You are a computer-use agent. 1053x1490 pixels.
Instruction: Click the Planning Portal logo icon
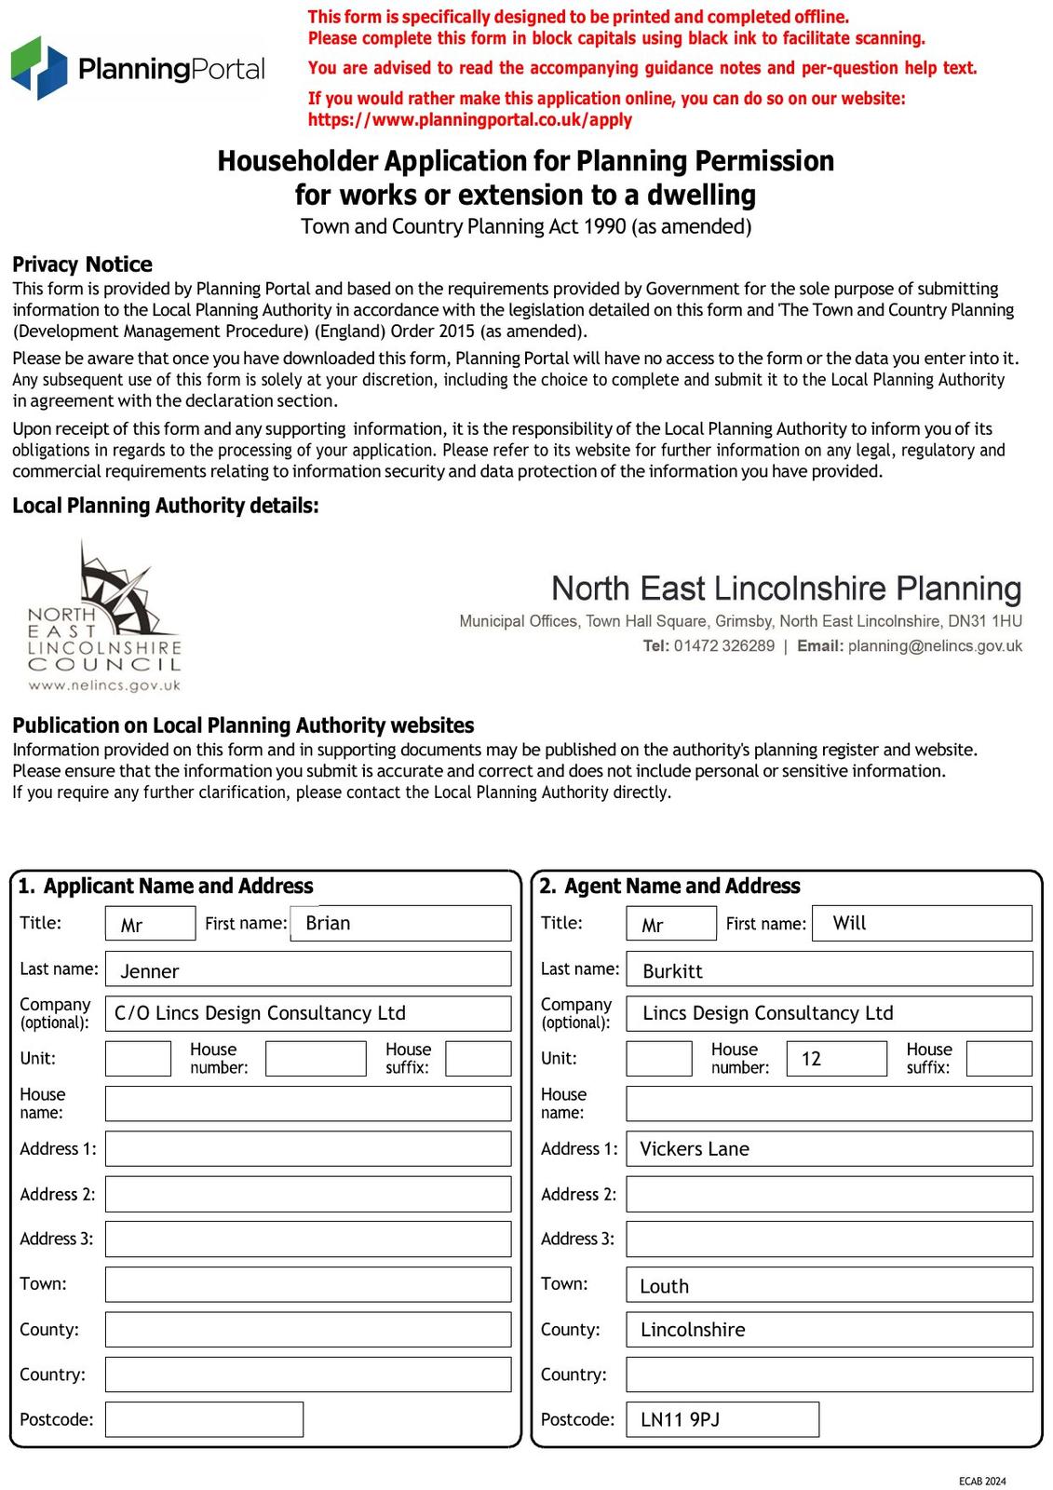tap(39, 68)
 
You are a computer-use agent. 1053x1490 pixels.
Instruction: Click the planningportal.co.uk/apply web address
tap(469, 120)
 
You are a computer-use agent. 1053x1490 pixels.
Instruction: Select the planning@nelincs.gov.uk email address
tap(935, 646)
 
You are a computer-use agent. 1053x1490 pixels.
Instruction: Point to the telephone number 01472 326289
tap(723, 646)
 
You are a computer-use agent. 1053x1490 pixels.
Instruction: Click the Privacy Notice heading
tap(82, 264)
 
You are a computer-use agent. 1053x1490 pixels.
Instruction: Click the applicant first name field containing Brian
tap(400, 923)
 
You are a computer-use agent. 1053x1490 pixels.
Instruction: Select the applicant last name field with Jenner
tap(307, 969)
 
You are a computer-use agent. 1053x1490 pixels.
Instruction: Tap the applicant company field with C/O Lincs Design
tap(307, 1013)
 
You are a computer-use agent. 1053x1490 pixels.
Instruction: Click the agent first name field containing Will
tap(922, 923)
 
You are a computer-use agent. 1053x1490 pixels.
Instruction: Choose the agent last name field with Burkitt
tap(829, 969)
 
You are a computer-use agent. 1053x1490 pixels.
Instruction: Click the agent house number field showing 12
tap(836, 1059)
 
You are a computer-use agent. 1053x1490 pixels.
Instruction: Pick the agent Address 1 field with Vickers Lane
tap(829, 1149)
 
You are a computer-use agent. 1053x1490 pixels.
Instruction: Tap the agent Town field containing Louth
tap(829, 1285)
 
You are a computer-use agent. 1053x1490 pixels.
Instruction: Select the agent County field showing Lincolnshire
tap(829, 1330)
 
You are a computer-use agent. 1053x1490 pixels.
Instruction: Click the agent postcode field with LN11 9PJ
tap(722, 1419)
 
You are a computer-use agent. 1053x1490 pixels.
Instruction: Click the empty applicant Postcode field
tap(204, 1419)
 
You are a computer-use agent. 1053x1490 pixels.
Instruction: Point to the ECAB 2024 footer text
tap(982, 1481)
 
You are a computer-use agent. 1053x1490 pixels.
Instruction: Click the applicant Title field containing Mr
tap(150, 924)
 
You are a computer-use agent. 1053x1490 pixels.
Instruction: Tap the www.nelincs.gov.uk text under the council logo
tap(104, 685)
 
